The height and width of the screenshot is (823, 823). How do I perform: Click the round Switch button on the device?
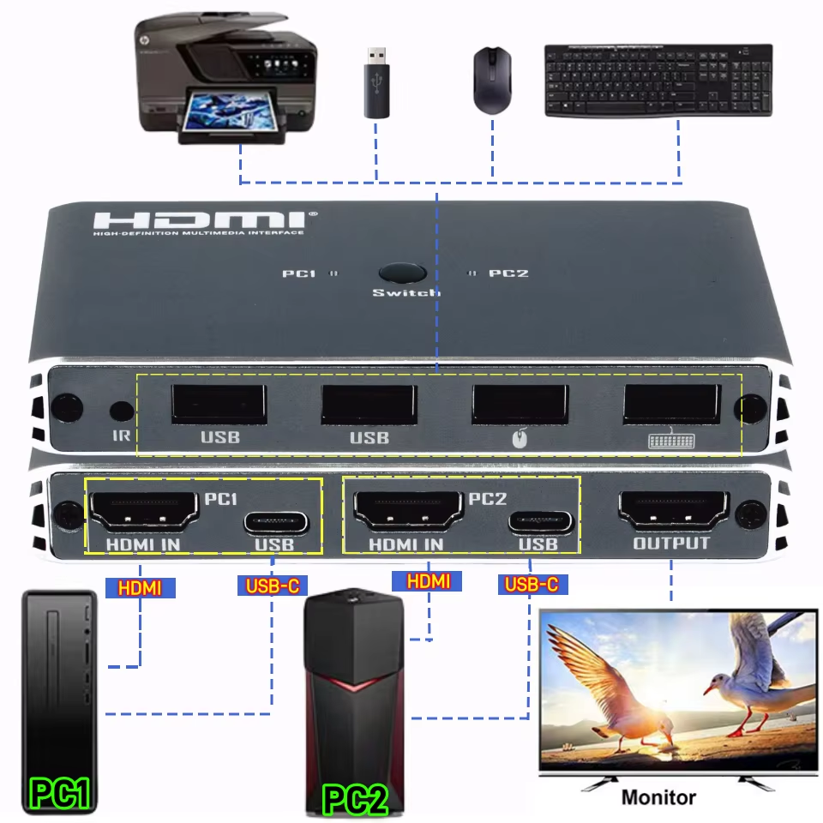402,273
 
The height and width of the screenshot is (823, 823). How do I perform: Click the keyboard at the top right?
658,80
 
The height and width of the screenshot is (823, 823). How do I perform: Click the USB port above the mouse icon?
519,404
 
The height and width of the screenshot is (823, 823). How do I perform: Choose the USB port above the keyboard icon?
671,404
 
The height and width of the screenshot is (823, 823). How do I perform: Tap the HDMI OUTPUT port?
672,512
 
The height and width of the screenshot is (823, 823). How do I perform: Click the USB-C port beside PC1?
276,521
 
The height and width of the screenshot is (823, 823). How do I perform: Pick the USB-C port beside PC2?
539,521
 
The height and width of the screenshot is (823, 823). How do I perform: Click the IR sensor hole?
121,411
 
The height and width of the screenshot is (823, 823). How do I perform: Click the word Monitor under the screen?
658,796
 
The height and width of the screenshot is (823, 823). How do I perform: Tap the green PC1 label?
60,793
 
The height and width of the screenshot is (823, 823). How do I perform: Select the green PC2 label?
355,798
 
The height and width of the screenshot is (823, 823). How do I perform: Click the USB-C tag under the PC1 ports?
272,586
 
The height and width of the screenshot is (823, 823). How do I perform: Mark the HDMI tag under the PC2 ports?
428,581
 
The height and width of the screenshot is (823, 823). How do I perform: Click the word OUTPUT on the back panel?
671,544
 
